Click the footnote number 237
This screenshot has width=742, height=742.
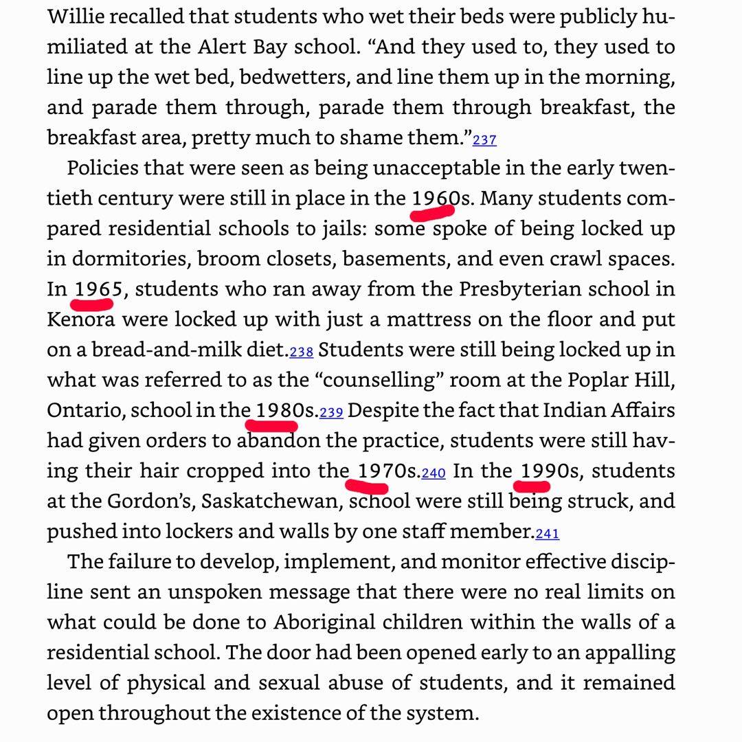(x=484, y=140)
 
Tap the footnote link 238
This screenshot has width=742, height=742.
(x=302, y=352)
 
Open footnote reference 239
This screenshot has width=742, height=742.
(x=331, y=413)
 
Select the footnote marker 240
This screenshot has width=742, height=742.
(x=434, y=473)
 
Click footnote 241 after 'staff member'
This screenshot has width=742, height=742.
(x=548, y=534)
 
